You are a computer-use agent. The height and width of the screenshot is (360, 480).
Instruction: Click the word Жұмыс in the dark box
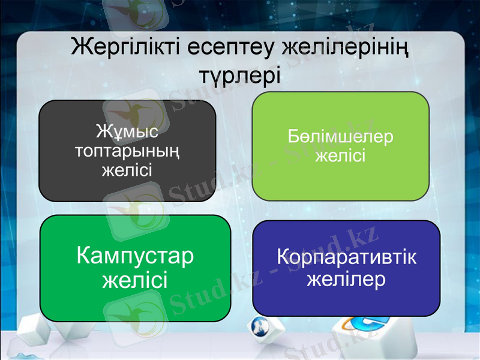point(127,130)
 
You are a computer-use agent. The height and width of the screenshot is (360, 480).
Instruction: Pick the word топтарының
point(127,150)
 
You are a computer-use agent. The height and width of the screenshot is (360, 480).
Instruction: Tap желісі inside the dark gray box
point(127,170)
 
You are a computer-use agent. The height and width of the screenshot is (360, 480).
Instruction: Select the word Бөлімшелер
point(340,136)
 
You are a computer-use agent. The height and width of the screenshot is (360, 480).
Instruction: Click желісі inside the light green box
point(340,156)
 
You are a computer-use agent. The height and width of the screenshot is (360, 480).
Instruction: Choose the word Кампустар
point(135,257)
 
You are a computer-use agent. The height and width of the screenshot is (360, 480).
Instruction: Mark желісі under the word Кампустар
point(135,280)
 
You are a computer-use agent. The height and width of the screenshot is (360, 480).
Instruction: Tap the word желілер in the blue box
point(346,280)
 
